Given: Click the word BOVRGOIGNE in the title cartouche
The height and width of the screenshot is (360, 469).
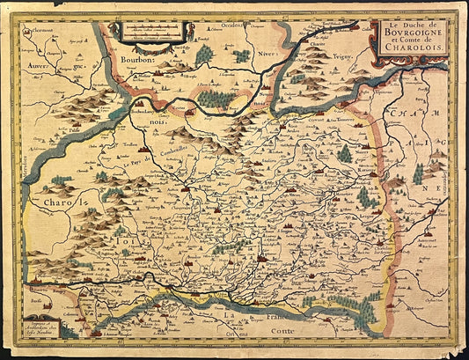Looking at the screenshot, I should tap(412, 38).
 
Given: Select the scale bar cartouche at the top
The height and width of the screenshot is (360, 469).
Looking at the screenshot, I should tap(154, 33).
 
